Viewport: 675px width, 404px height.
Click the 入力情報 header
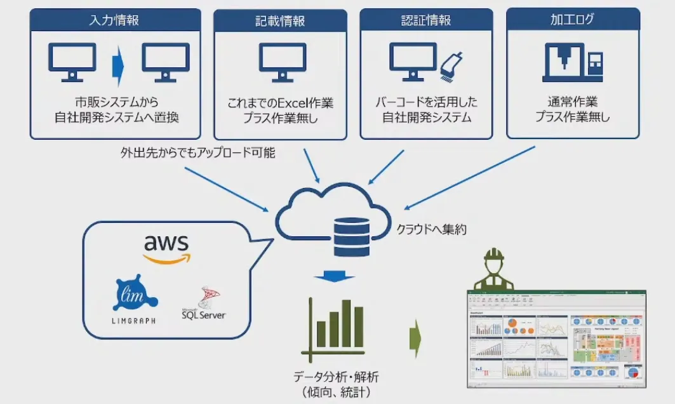[x=115, y=19]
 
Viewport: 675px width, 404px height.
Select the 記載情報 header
[x=280, y=21]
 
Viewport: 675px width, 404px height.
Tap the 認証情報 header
[x=426, y=20]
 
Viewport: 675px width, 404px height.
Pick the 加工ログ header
[x=572, y=19]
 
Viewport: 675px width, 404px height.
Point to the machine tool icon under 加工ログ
[x=572, y=62]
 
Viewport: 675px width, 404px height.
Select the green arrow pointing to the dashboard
[x=415, y=336]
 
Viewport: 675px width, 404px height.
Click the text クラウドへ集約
[x=431, y=230]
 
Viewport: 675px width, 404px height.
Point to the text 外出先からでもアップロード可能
[x=197, y=152]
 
